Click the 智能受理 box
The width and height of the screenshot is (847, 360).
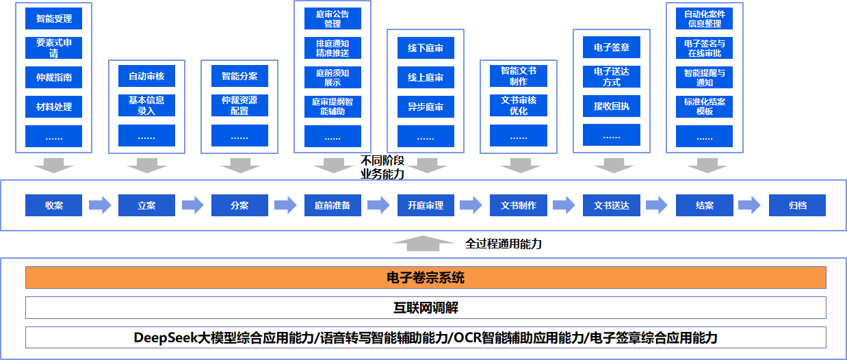(53, 18)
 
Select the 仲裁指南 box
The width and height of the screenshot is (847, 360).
(53, 77)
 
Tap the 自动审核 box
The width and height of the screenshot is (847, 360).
(146, 76)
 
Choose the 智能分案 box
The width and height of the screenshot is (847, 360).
(239, 76)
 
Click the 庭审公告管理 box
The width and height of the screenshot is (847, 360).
(333, 18)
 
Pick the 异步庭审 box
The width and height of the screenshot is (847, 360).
(426, 107)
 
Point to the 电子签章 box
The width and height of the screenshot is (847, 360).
(612, 48)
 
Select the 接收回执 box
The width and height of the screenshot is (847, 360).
(612, 107)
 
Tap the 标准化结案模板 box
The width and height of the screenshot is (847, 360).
(704, 107)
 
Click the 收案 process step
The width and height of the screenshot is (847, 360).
(53, 205)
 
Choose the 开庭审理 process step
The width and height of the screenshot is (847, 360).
(426, 205)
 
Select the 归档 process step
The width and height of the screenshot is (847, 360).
(797, 205)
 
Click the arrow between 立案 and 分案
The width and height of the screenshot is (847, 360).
(193, 205)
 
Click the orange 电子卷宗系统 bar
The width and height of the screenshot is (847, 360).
(426, 278)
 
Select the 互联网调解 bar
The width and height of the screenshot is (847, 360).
(426, 308)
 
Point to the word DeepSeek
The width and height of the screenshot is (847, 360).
(162, 337)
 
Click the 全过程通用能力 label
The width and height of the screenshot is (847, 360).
(504, 243)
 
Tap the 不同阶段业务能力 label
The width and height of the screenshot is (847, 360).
(383, 168)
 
